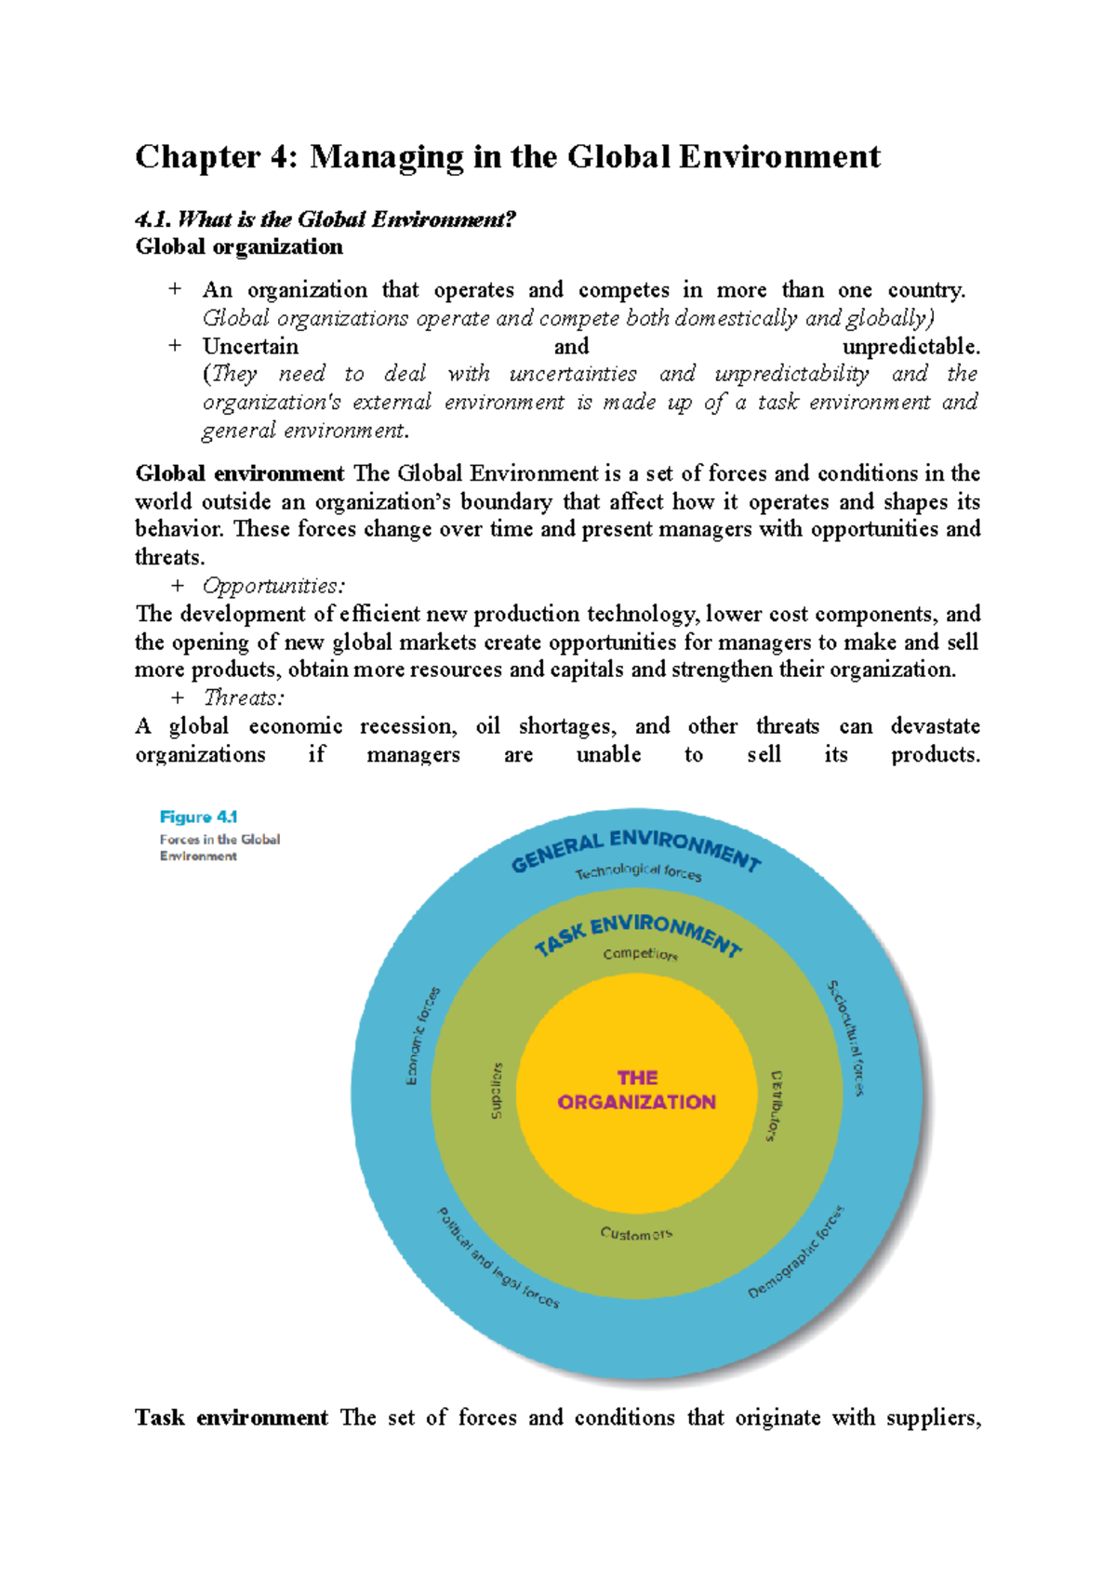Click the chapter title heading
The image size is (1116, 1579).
507,156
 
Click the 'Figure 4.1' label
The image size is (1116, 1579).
198,816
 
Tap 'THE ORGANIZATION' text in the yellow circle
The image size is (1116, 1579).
637,1090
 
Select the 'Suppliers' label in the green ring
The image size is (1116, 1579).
497,1090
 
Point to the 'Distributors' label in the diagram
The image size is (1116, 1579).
775,1105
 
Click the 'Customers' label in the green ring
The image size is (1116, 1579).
636,1234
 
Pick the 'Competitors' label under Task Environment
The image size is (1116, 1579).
640,953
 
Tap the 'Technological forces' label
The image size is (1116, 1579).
638,871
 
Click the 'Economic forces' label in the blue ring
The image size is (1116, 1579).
422,1035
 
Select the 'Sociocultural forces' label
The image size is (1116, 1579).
846,1037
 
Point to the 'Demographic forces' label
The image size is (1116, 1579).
796,1253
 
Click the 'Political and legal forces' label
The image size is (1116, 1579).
498,1258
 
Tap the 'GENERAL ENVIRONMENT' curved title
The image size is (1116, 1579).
636,848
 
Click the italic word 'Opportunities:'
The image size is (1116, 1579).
273,586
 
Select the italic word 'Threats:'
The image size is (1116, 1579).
244,697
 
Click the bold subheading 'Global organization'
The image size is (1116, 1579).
239,246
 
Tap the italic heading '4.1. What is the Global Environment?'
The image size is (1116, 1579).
325,219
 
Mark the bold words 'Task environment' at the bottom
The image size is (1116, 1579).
231,1417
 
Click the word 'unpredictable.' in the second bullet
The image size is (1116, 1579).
910,346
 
